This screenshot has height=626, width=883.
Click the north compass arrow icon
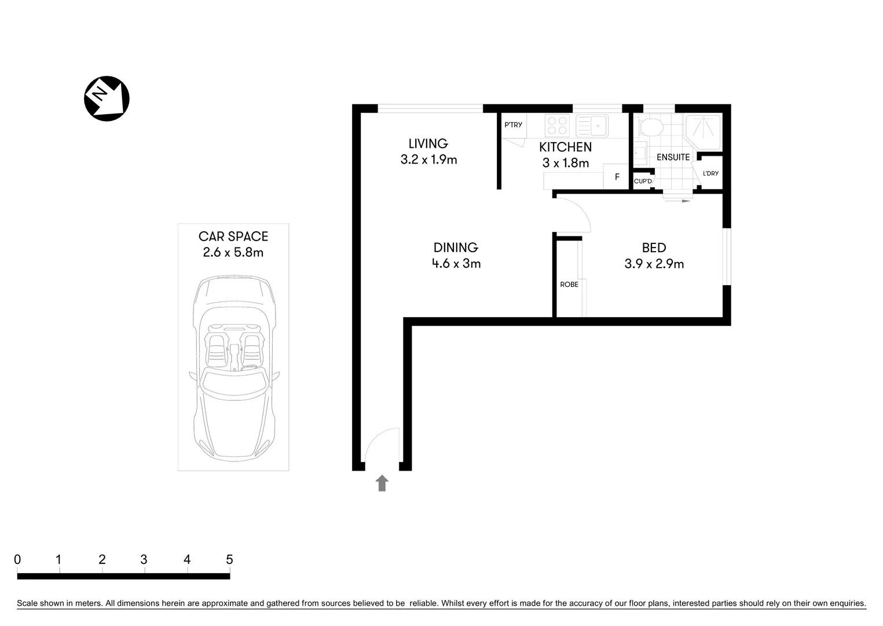coord(107,99)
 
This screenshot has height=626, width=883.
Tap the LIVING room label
coord(428,144)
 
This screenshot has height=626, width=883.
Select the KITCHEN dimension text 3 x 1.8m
coord(565,163)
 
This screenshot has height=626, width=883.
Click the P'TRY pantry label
coord(513,125)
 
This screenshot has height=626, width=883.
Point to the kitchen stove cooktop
coord(557,126)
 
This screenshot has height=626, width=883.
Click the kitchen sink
coord(591,125)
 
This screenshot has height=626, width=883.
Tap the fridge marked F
coord(617,177)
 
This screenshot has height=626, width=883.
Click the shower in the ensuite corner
coord(703,127)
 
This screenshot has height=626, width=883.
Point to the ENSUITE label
coord(673,157)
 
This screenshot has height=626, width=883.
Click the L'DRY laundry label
coord(710,173)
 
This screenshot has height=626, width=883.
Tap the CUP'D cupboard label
coord(643,181)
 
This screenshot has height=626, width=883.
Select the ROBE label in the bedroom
coord(569,285)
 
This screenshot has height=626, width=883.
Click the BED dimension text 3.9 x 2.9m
coord(654,264)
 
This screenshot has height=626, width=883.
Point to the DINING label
coord(456,248)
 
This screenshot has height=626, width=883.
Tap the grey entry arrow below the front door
coord(382,483)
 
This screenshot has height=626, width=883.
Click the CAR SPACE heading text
coord(233,236)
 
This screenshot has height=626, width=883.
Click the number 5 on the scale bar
coord(229,559)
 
